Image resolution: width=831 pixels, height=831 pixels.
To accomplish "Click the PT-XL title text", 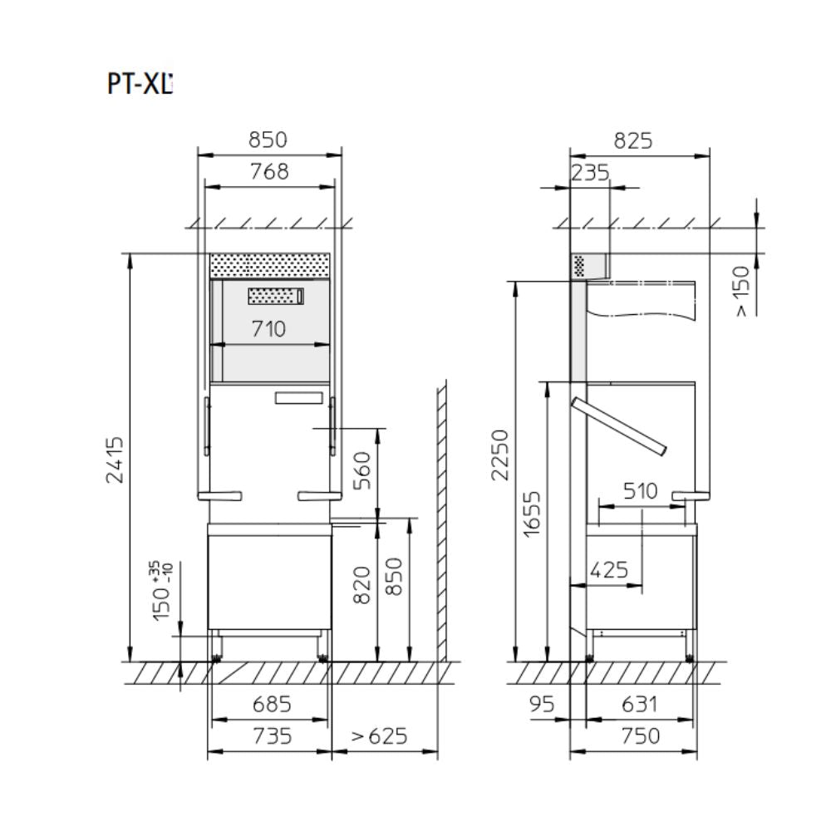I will tap(140, 85).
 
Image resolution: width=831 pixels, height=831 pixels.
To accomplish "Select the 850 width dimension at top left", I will tap(269, 140).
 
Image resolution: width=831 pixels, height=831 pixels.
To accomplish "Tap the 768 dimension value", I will tap(269, 171).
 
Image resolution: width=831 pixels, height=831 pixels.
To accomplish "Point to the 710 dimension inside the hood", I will tap(268, 329).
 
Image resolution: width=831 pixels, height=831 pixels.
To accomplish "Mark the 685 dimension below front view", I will tap(271, 705).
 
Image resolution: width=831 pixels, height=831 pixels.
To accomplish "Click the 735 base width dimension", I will tap(271, 736).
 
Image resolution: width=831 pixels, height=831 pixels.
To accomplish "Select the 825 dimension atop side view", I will tap(633, 140).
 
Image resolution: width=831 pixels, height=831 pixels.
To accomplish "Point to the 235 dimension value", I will tap(591, 172).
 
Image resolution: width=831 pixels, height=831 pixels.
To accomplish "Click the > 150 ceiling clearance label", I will tap(742, 290).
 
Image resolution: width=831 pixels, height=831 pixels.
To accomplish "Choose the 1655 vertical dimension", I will tap(532, 514).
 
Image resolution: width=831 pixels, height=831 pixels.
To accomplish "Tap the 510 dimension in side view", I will tap(640, 491).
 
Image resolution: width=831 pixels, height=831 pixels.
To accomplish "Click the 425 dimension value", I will tap(609, 570).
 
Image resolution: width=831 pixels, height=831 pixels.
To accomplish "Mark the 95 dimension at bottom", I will tap(541, 705).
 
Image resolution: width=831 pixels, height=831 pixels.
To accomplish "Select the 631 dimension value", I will tap(640, 705).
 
